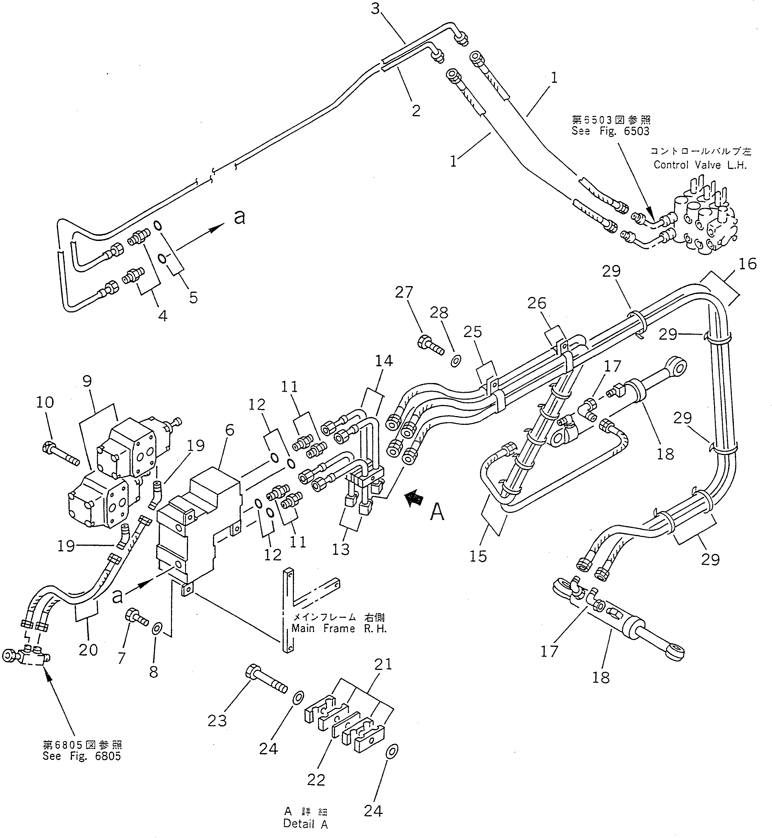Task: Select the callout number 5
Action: tap(193, 297)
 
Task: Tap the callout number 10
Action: tap(45, 402)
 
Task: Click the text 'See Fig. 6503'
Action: tap(610, 131)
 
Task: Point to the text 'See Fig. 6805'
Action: tap(82, 756)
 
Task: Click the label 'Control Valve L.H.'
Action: tap(700, 165)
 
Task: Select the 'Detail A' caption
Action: tap(305, 824)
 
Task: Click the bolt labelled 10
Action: tap(61, 454)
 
